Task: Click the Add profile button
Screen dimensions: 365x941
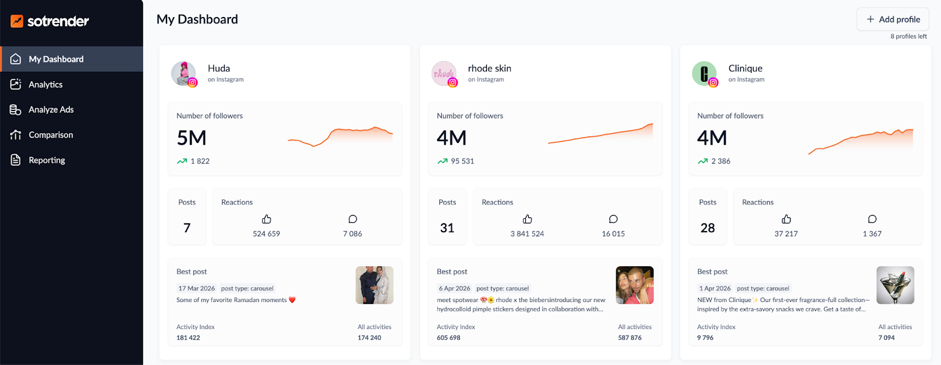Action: [893, 19]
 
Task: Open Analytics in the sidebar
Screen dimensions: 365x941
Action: [45, 85]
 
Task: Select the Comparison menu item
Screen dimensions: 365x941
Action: [51, 135]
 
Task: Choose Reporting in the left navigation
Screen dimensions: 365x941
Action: [46, 160]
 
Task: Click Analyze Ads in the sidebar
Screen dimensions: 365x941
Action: [51, 110]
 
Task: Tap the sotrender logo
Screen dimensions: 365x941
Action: [50, 22]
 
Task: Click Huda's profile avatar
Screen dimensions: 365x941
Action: [183, 73]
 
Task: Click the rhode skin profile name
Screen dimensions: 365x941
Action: [489, 69]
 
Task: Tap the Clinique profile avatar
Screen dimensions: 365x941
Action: [704, 73]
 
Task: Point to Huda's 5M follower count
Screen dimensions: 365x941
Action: [192, 138]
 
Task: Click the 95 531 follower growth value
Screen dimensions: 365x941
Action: [462, 161]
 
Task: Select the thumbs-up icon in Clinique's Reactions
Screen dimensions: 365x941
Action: [786, 219]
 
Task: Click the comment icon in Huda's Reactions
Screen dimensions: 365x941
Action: [352, 219]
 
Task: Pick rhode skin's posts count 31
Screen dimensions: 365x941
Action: [447, 228]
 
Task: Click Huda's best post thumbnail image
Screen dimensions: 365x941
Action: [375, 285]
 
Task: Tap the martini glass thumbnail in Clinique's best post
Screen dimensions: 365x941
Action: [895, 285]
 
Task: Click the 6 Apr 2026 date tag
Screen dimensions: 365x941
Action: [454, 289]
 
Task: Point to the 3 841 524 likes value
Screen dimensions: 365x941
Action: [527, 234]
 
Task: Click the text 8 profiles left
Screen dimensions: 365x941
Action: [908, 36]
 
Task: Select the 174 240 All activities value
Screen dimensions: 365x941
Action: [369, 338]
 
